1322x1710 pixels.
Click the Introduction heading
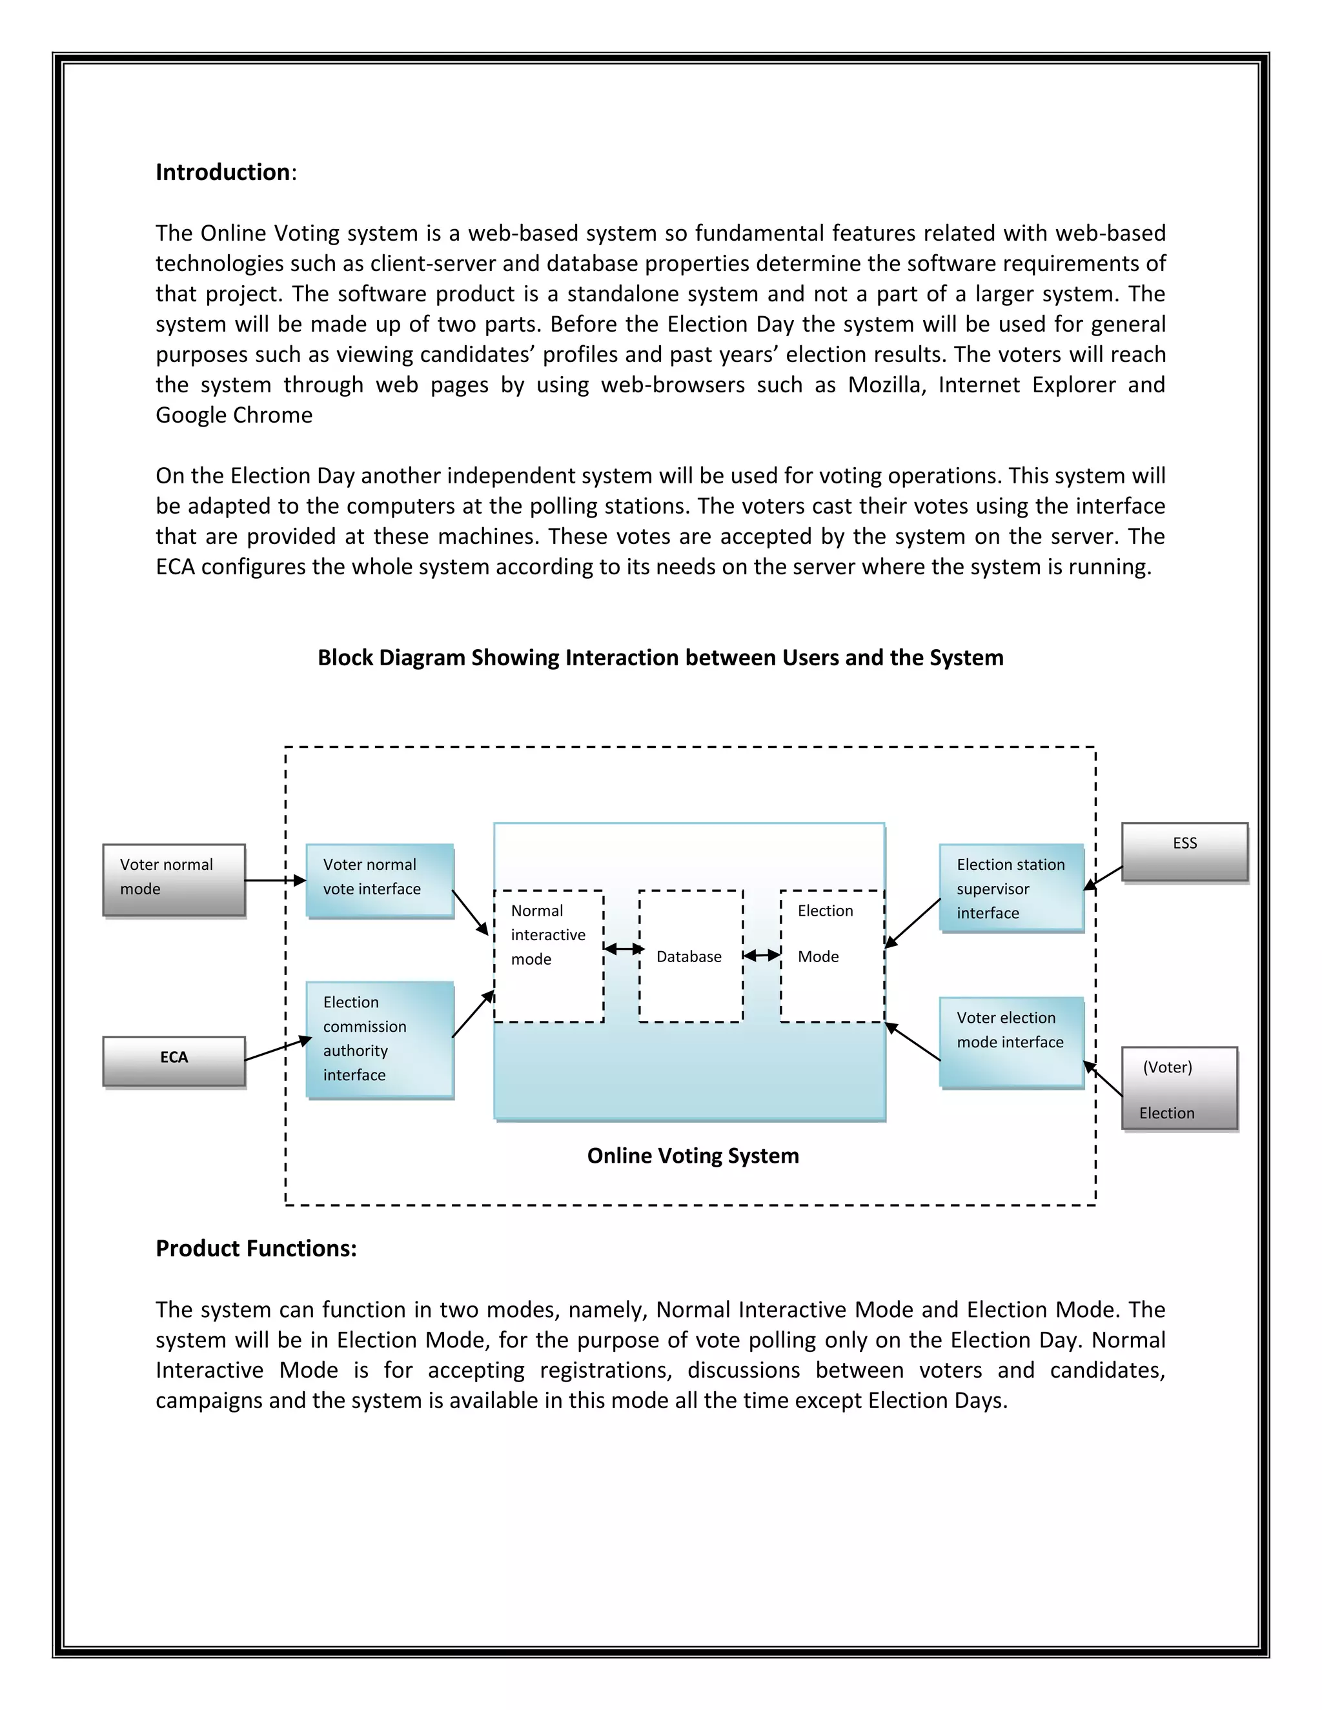pos(223,172)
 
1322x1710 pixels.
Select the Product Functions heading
pos(256,1248)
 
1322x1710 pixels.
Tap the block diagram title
pos(660,658)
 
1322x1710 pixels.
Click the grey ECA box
pos(174,1061)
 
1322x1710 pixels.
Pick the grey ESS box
pos(1184,852)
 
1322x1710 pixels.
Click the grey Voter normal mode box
pos(174,880)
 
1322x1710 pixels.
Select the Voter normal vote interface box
pos(380,880)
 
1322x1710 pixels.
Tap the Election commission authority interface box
pos(380,1039)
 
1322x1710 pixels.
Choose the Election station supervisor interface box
pos(1011,888)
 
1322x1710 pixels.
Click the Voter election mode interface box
pos(1011,1041)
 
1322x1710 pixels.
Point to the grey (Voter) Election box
pos(1179,1089)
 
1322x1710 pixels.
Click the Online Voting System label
pos(693,1156)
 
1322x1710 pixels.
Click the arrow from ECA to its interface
pos(278,1049)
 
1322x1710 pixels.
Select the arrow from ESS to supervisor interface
pos(1104,877)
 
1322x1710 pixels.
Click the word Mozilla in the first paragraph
pos(884,385)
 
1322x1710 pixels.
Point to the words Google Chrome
pos(234,415)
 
